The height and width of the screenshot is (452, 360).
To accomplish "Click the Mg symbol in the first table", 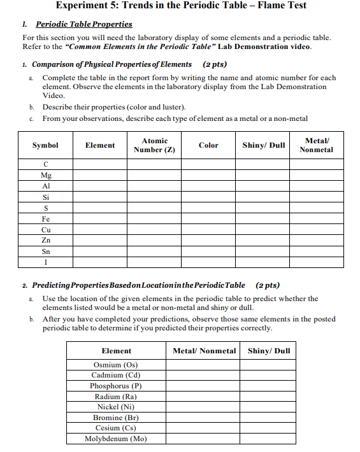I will click(x=45, y=175).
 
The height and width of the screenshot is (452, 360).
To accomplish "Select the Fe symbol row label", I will click(x=45, y=218).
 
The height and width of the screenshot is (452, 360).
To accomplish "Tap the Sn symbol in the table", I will click(x=45, y=251).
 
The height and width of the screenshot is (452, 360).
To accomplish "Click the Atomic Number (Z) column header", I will click(x=154, y=145).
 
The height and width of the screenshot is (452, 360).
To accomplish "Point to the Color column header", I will click(x=208, y=145).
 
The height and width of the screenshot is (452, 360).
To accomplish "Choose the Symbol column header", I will click(x=45, y=145).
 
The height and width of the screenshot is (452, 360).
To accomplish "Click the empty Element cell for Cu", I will click(x=100, y=230).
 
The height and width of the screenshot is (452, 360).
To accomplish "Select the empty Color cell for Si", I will click(x=208, y=197).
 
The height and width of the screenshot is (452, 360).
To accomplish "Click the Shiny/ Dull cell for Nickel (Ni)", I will click(x=268, y=407).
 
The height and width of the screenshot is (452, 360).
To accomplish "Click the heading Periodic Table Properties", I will click(x=84, y=24).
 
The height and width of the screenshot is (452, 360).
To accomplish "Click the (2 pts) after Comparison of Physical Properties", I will click(x=214, y=64).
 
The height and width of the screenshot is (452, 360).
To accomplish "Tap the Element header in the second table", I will click(x=117, y=351).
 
